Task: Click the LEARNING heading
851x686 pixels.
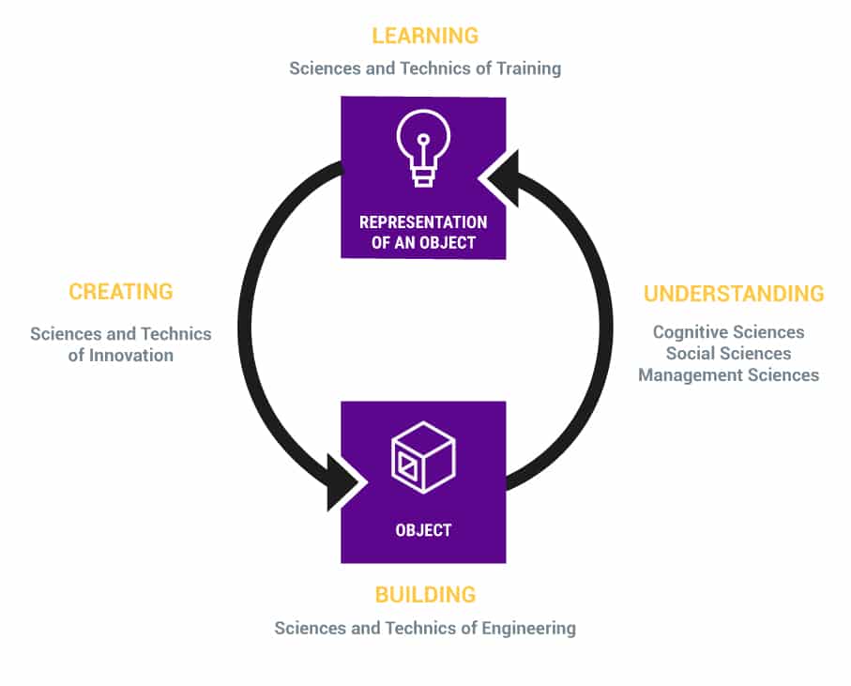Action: [x=425, y=36]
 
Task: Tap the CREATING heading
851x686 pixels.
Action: [x=120, y=292]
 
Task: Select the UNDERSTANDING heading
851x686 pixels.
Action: [x=734, y=294]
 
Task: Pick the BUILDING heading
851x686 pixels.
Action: [x=425, y=595]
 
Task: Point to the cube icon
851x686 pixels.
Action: [x=423, y=457]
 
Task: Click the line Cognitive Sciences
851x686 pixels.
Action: [x=728, y=332]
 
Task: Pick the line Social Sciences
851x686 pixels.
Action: [x=728, y=354]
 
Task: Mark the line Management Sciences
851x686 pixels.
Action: [x=728, y=375]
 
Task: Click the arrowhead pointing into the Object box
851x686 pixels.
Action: [x=344, y=482]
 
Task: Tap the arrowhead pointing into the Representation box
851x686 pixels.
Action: [x=500, y=178]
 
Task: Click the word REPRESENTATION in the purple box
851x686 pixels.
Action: [x=423, y=222]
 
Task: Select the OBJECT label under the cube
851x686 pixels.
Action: [x=423, y=530]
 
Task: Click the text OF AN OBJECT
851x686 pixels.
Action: [x=423, y=243]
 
